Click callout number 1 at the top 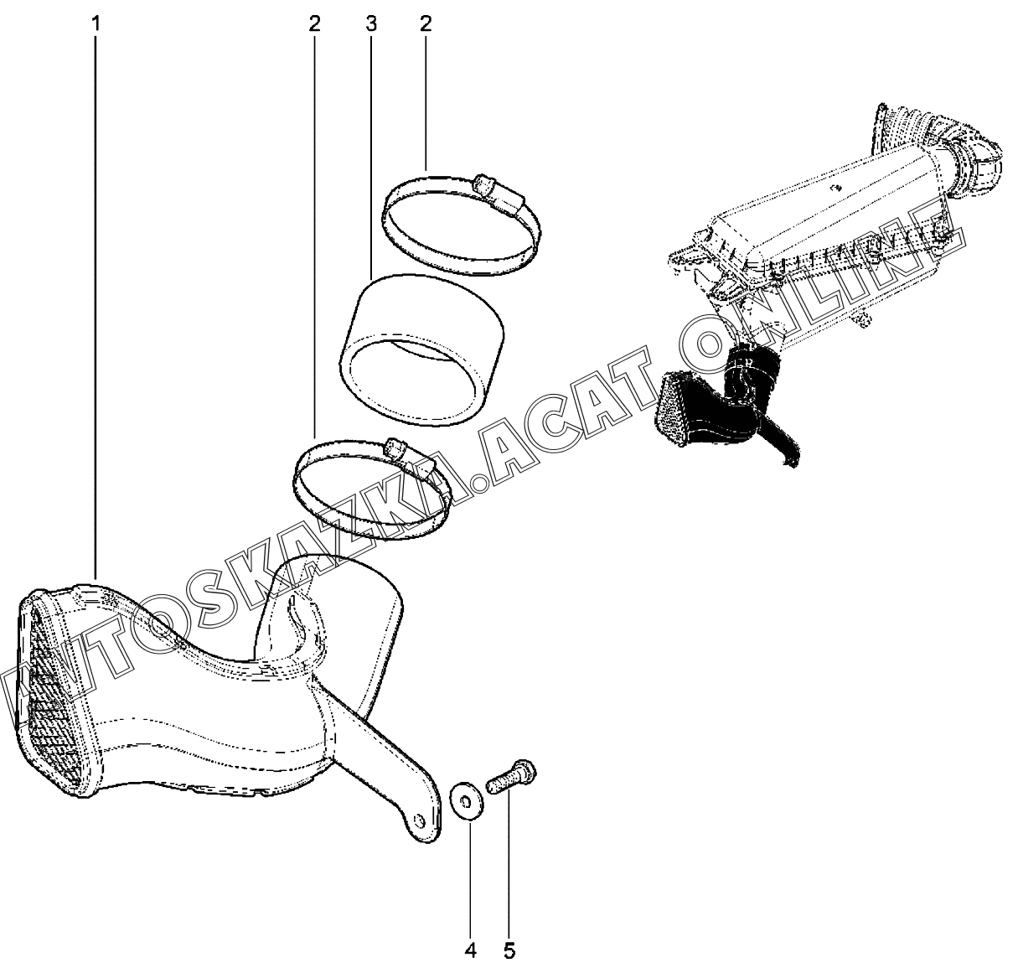point(96,24)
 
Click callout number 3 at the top point(371,24)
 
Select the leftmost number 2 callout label point(314,24)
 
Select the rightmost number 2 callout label point(425,24)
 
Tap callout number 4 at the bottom point(470,950)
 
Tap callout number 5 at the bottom point(509,950)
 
